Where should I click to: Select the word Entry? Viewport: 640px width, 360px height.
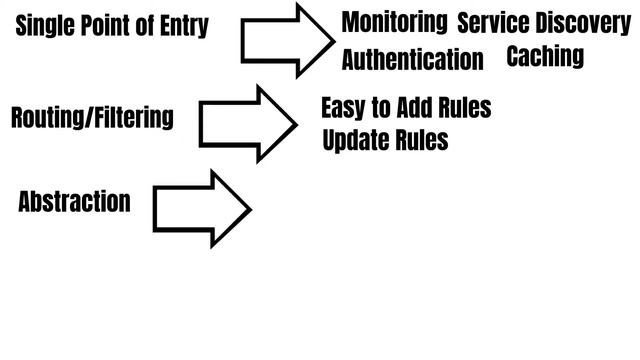click(183, 26)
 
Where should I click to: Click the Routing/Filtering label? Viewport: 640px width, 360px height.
click(91, 118)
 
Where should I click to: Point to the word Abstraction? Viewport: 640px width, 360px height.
click(74, 201)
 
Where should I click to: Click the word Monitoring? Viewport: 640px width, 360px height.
click(394, 22)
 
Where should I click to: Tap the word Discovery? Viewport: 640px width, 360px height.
click(584, 22)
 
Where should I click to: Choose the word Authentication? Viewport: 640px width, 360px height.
click(412, 59)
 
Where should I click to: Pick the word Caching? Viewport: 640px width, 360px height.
click(545, 56)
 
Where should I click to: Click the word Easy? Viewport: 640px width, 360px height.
click(344, 107)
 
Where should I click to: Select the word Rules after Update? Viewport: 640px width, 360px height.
click(420, 139)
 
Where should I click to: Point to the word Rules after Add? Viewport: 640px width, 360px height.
click(465, 107)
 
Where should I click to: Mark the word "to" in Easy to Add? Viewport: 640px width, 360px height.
click(380, 107)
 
